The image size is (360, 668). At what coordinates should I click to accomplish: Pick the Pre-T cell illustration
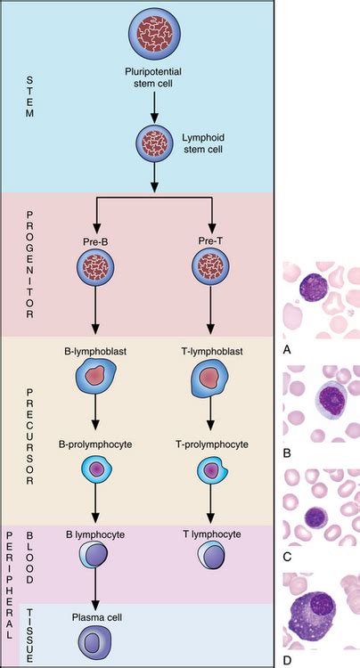(210, 267)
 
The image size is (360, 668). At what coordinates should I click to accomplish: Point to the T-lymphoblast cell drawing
(210, 380)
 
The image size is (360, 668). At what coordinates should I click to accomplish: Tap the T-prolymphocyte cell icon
(210, 469)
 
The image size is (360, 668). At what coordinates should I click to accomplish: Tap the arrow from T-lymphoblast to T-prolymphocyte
(210, 423)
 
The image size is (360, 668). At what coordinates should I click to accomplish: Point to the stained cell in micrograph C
(317, 518)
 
